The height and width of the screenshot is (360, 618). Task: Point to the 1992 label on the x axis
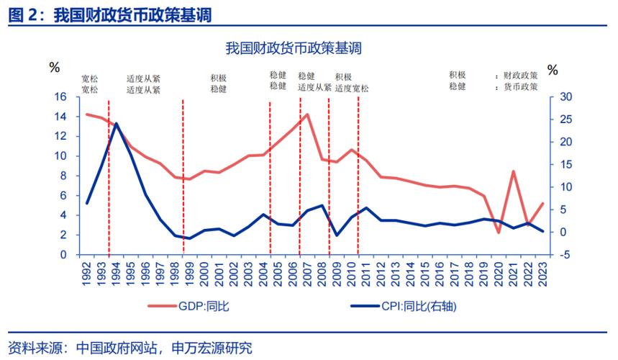coord(86,271)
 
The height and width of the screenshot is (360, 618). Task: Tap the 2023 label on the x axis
coord(542,271)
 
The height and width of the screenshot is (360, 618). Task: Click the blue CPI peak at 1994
coord(117,123)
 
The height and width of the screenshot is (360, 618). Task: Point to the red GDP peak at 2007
coord(307,114)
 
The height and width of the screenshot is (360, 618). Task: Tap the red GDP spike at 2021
coord(513,171)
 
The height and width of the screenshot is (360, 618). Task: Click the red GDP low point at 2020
coord(499,232)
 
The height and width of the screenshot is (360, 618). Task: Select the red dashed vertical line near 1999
coord(183,176)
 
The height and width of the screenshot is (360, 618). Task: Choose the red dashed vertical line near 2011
coord(358,176)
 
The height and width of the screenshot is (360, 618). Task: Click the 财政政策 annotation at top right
coord(520,74)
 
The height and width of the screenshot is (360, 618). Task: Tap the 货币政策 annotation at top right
coord(520,86)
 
